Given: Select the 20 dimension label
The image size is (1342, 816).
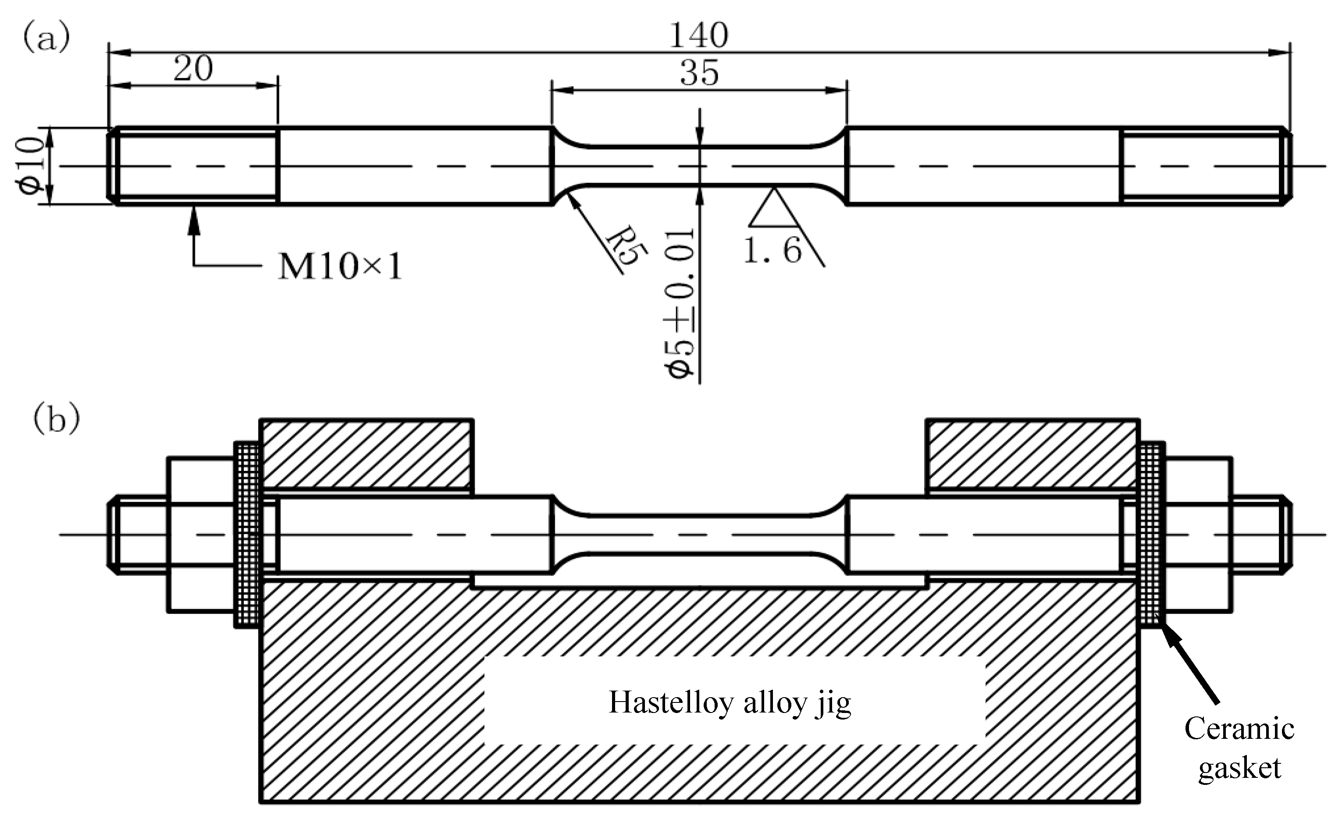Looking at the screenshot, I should (193, 69).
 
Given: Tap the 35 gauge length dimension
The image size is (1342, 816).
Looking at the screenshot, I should (699, 74).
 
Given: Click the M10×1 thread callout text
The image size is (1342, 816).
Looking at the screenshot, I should (340, 267).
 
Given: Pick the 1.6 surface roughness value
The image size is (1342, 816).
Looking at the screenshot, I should (772, 250).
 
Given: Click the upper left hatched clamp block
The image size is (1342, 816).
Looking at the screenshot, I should (366, 454).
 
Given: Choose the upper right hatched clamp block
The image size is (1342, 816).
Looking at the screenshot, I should (1032, 454).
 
